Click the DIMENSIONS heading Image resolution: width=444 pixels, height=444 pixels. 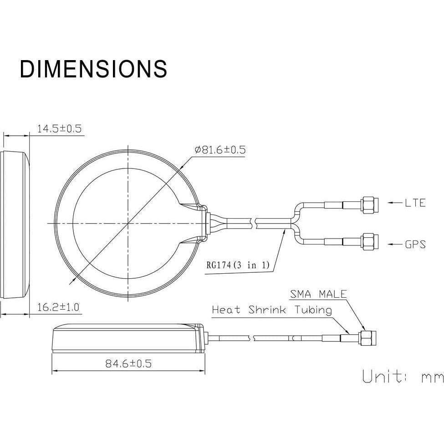tap(93, 69)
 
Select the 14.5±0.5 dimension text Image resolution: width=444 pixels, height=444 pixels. tap(60, 129)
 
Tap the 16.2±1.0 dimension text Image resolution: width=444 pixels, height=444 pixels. tap(58, 307)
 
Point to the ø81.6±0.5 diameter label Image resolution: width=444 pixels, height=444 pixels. tap(220, 149)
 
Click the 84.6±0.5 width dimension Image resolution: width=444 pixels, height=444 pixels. tap(128, 363)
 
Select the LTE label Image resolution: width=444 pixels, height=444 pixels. tap(415, 203)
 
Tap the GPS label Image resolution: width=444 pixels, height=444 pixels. tap(415, 244)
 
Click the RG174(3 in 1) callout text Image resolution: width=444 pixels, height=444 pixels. tap(238, 265)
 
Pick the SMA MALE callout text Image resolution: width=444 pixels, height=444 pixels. tap(318, 294)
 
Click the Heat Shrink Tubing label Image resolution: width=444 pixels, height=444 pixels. tap(272, 310)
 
